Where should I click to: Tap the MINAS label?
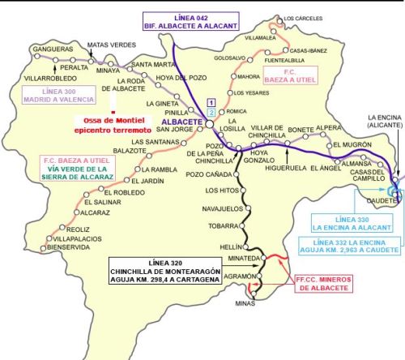click(x=255, y=303)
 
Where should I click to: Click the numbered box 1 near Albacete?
click(x=211, y=101)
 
